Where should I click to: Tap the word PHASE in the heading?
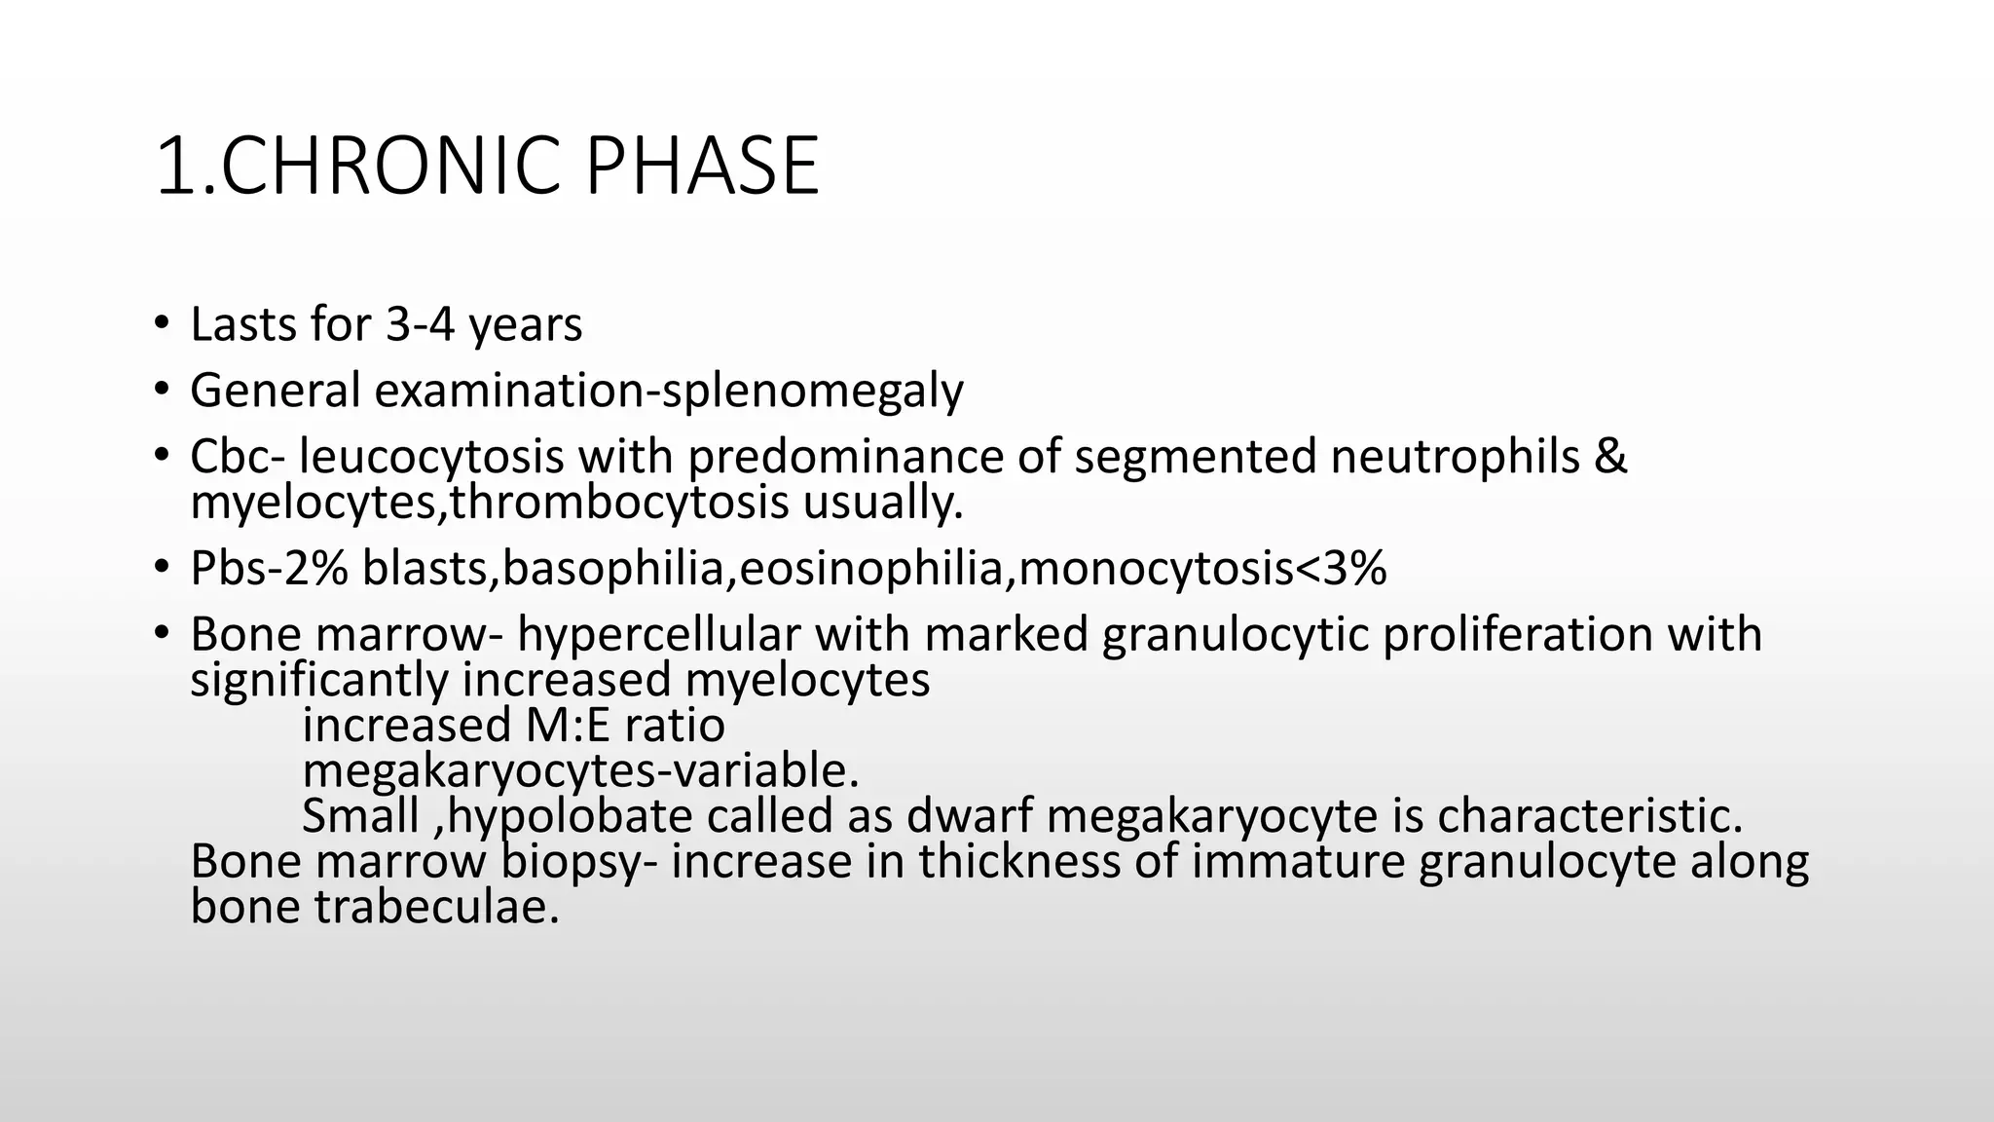(x=701, y=167)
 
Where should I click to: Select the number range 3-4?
(x=421, y=324)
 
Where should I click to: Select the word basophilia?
(x=614, y=569)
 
